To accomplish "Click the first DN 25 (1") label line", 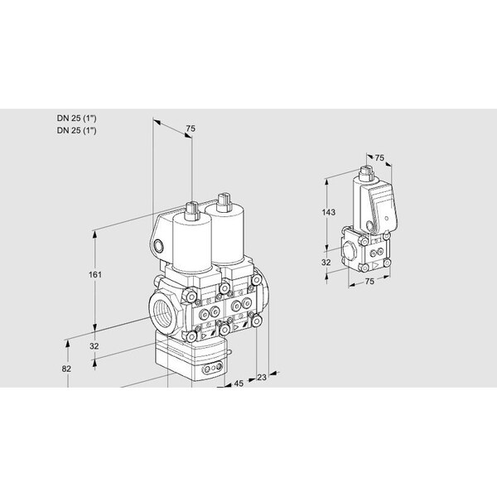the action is (76, 118).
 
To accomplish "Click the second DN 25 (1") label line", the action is (76, 130).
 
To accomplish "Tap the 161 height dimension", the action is (94, 274).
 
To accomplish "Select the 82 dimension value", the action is (66, 369).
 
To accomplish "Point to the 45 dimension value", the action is (239, 384).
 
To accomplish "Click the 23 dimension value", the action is (262, 377).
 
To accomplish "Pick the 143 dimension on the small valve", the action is (328, 212).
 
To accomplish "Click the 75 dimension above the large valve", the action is (191, 128).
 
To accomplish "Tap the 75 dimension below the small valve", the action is (369, 281).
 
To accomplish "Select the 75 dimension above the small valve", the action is (379, 157).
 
